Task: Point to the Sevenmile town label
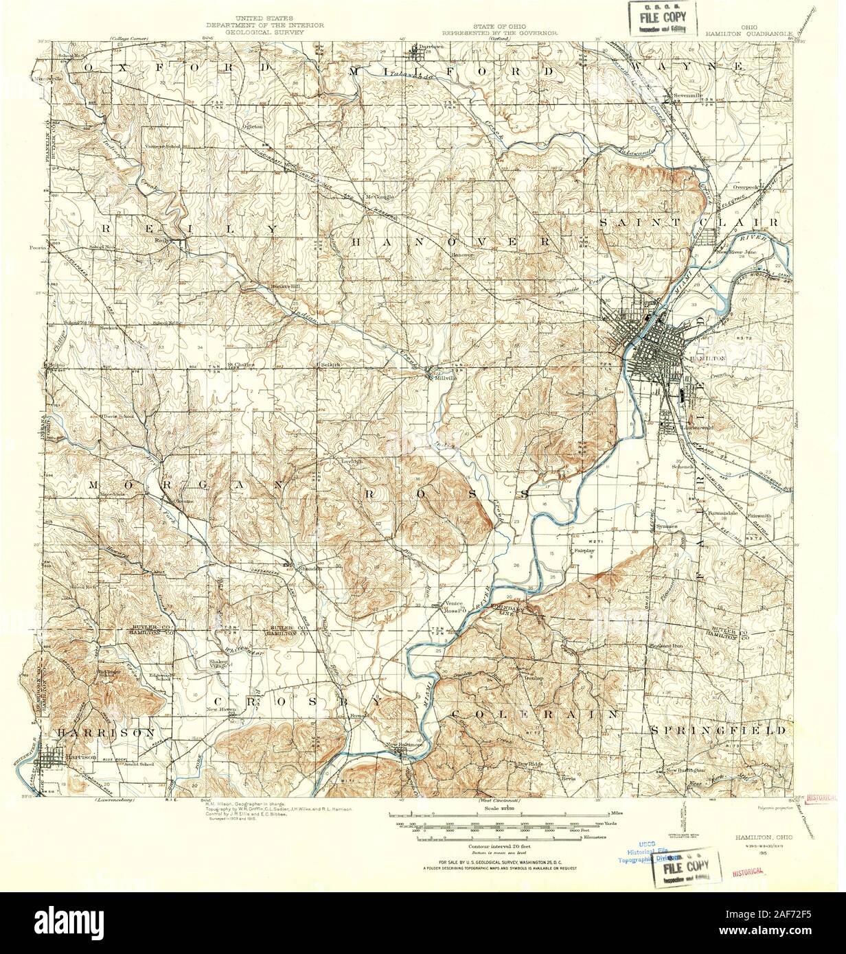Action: click(x=684, y=96)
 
